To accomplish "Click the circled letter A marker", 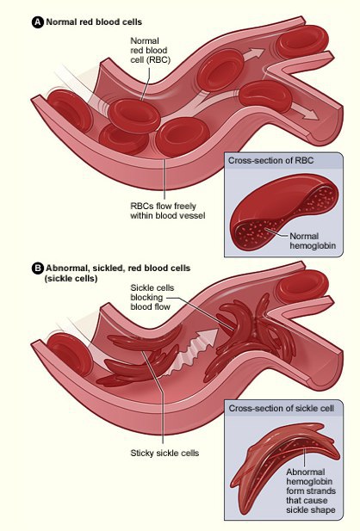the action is [38, 22].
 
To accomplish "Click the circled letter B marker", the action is [38, 269].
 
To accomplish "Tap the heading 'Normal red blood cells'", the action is [94, 22].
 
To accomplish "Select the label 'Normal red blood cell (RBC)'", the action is [150, 51].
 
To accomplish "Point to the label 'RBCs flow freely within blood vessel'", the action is [168, 211].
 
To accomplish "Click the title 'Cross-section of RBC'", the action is [270, 160].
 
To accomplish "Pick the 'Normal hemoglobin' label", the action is [313, 241].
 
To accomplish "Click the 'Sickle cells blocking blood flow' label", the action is [152, 297].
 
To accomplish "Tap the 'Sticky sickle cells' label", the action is [164, 453].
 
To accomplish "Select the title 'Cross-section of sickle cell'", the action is [282, 408].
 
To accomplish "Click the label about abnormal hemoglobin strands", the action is [311, 491].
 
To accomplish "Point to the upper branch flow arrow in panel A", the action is [253, 54].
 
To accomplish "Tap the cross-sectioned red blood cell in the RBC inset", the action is [283, 212].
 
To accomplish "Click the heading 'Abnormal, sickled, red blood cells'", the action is [118, 269].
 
